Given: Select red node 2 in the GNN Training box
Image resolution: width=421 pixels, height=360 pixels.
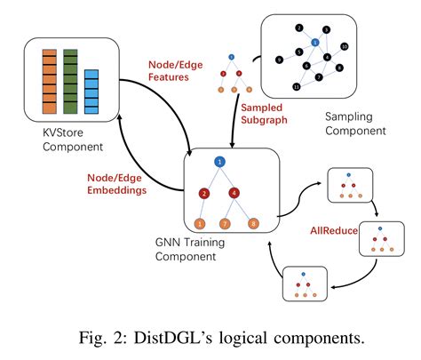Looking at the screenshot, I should point(203,193).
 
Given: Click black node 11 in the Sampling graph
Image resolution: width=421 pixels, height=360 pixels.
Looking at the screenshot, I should point(297,87).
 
